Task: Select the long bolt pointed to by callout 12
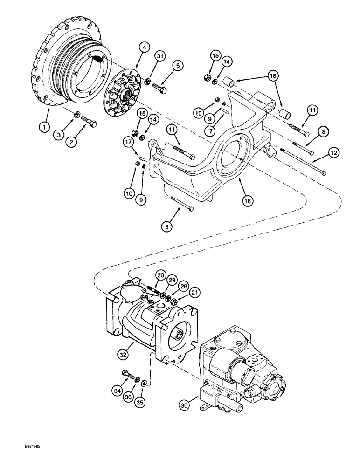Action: tap(303, 161)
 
